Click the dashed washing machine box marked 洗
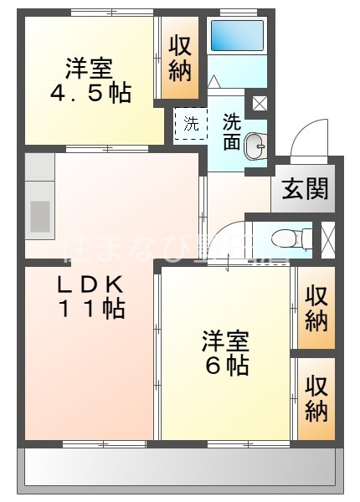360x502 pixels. coord(192,125)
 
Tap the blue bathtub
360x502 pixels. coord(236,35)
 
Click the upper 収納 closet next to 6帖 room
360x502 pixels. coord(316,308)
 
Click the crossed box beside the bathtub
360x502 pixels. coord(258,105)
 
